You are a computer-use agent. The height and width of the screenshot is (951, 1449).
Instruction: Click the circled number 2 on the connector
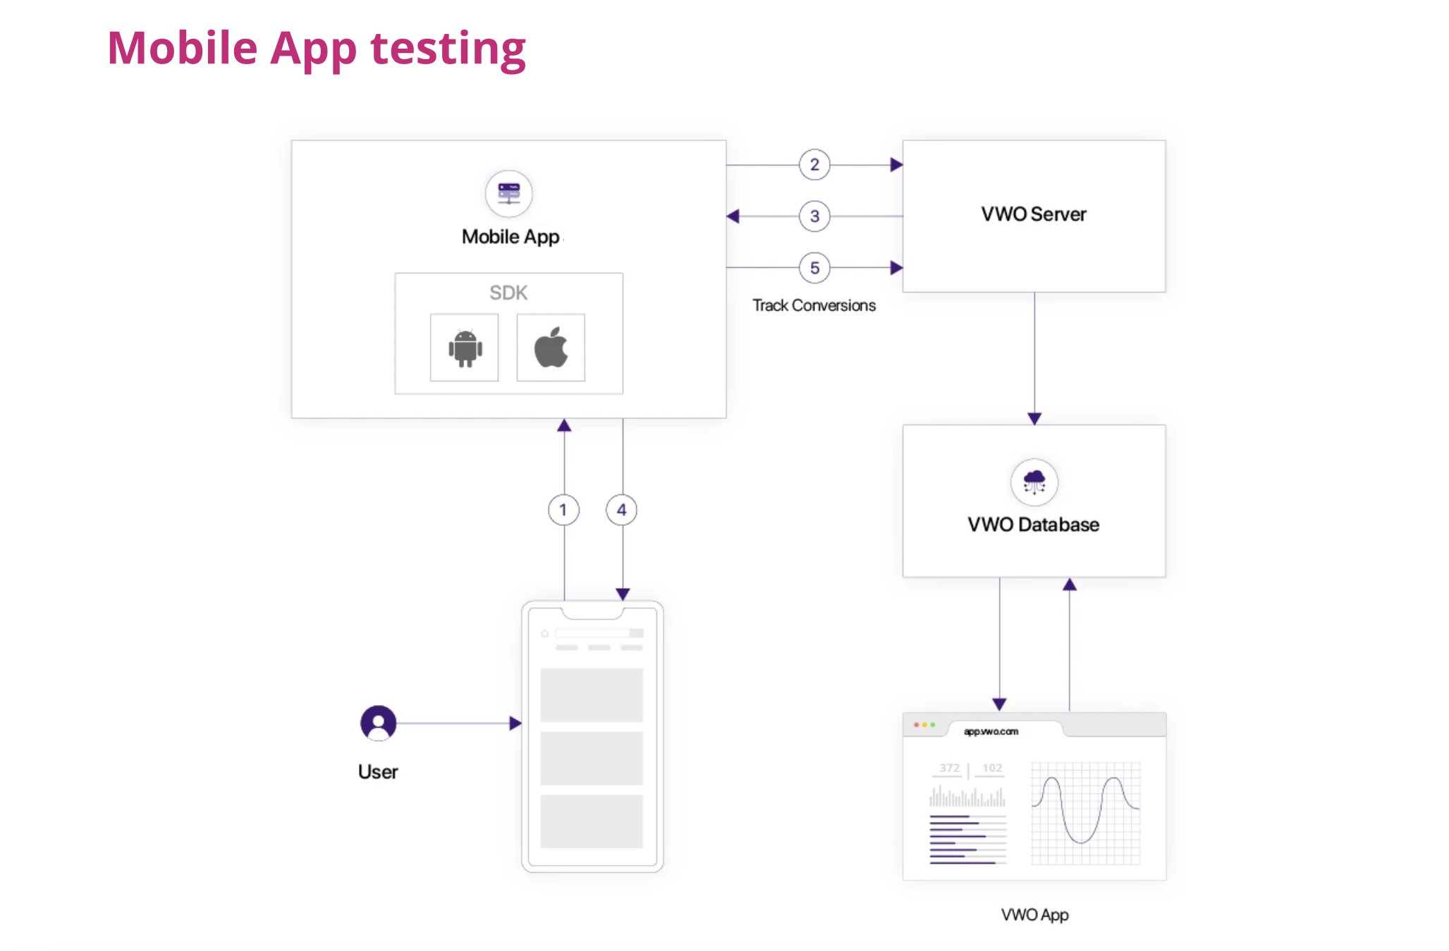(x=814, y=165)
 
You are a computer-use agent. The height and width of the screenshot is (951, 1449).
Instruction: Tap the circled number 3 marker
(x=814, y=216)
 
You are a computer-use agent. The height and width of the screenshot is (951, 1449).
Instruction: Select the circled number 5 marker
(x=814, y=268)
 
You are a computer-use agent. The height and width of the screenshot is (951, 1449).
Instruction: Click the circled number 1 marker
(x=563, y=510)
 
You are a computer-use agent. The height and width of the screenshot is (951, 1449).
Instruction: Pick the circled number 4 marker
(x=621, y=510)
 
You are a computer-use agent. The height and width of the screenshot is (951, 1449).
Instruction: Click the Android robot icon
(x=465, y=348)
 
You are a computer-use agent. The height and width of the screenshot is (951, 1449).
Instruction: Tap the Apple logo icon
(x=551, y=348)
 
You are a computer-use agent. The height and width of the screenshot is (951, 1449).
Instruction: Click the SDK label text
(x=508, y=293)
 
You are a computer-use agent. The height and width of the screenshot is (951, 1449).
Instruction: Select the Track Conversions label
(x=814, y=305)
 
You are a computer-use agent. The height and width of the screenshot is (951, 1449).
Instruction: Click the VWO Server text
(x=1033, y=214)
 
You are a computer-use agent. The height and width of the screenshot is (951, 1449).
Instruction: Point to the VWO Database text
(x=1033, y=524)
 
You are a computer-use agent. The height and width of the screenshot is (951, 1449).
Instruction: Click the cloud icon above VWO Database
(x=1034, y=482)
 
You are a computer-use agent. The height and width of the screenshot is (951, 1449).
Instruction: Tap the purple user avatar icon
(x=379, y=723)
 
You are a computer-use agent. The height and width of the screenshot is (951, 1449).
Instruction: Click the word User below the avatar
(x=378, y=772)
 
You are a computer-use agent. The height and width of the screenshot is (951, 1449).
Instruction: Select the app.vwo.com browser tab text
(x=991, y=732)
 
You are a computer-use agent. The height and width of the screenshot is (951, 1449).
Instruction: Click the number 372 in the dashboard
(x=949, y=768)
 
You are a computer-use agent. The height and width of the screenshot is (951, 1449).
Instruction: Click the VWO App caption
(x=1034, y=914)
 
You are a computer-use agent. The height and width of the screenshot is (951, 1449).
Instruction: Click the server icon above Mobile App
(x=508, y=193)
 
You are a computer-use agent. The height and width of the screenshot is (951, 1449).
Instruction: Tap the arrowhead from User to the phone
(x=515, y=723)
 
